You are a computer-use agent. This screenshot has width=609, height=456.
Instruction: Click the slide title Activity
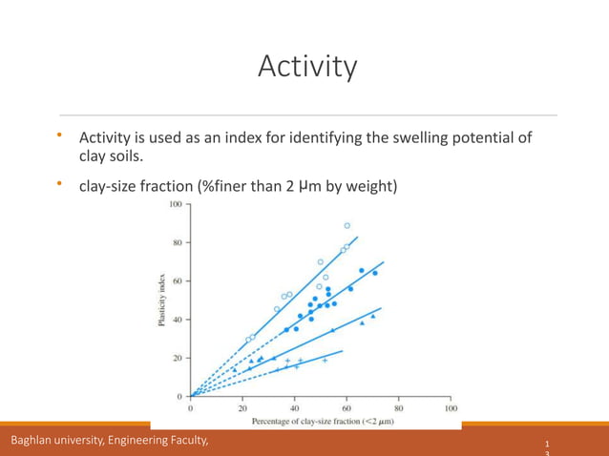307,67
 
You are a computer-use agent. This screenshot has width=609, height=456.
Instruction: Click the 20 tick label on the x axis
242,407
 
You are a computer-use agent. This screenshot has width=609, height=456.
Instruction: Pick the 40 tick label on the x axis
294,407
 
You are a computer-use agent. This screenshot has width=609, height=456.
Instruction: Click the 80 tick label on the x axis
399,407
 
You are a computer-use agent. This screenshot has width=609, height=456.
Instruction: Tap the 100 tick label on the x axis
451,407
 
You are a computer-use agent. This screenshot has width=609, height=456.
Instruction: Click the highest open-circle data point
347,226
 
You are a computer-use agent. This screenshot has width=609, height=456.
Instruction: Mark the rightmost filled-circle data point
374,273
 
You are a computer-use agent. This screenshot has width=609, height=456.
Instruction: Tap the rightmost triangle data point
372,316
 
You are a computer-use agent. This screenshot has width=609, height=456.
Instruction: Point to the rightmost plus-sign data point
325,361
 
